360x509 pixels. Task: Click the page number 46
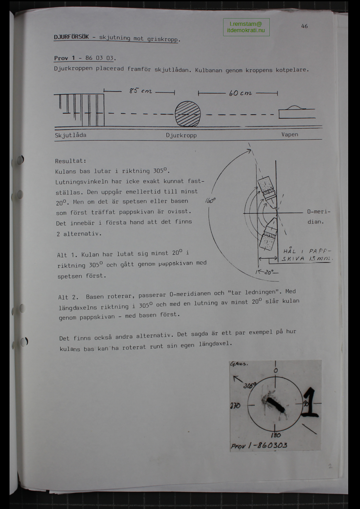pos(304,26)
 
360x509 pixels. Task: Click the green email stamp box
pos(246,27)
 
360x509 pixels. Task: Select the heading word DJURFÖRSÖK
pos(72,37)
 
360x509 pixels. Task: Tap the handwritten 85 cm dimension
pos(141,91)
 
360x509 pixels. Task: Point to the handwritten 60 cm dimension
pos(240,93)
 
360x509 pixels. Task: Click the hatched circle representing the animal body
pos(188,114)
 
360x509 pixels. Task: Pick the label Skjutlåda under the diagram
pos(70,135)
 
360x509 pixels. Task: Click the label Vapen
pos(290,135)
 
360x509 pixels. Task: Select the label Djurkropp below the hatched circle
pos(181,136)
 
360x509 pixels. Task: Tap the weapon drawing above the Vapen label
pos(297,112)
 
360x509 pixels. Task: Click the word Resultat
pos(70,161)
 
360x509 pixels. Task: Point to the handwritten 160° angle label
pos(210,201)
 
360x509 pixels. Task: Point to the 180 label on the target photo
pos(276,435)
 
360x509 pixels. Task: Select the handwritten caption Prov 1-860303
pos(259,445)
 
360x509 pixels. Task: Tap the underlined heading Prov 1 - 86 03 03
pos(84,58)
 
